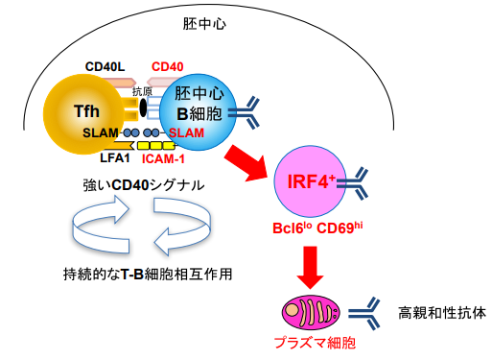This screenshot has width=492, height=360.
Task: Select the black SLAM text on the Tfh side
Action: click(x=101, y=132)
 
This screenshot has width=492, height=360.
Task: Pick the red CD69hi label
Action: click(x=336, y=230)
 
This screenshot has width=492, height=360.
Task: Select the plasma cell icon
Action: click(x=310, y=312)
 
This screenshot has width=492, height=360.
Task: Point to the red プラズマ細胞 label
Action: click(x=310, y=341)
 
